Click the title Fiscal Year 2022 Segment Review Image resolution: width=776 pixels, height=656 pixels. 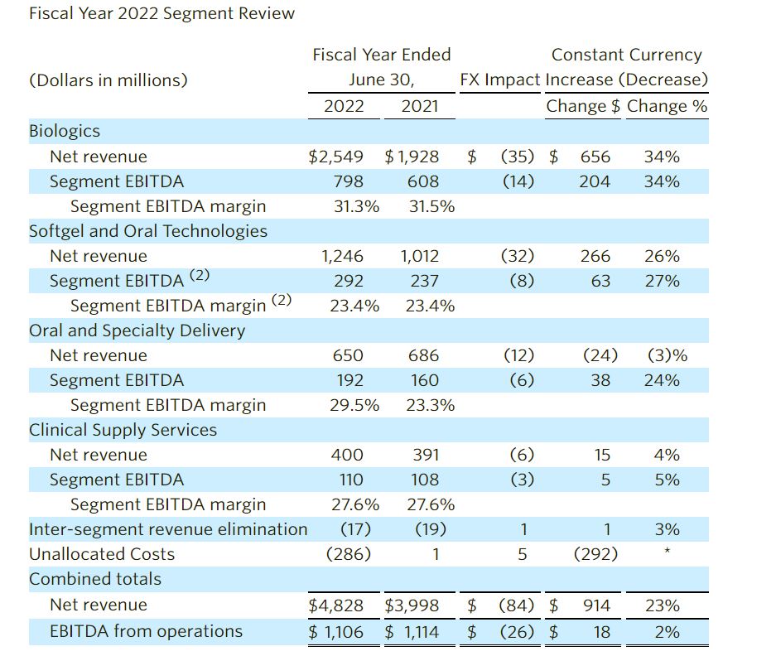tap(161, 14)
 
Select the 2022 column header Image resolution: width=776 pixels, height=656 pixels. tap(344, 106)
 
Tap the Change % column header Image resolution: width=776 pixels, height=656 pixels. tap(668, 106)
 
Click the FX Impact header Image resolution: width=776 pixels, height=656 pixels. tap(499, 80)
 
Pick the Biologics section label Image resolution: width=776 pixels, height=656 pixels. tap(65, 131)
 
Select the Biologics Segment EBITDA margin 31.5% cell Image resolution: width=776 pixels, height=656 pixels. tap(431, 206)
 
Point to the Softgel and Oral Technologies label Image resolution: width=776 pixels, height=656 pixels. tap(148, 231)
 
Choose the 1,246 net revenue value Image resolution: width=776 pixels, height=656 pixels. tap(342, 256)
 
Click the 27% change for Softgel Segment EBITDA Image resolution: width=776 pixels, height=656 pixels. tap(662, 281)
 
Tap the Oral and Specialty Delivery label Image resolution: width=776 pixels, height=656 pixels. tap(137, 330)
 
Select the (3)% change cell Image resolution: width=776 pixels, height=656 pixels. tap(667, 355)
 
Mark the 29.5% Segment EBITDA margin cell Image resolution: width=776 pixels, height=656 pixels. tap(354, 405)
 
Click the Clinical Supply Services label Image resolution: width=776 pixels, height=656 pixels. tap(123, 430)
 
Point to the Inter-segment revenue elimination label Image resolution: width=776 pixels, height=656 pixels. tap(168, 529)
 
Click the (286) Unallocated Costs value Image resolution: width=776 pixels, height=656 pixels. tap(349, 554)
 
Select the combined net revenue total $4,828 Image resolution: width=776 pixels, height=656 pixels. tap(335, 605)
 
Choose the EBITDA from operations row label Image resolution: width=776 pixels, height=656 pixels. tap(146, 631)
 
